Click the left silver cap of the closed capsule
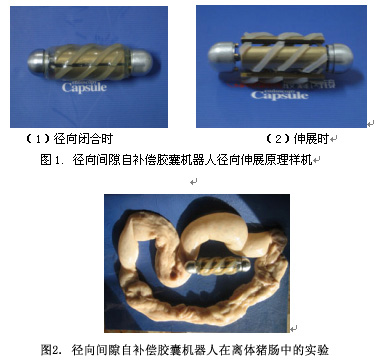click(x=37, y=62)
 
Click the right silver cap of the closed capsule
click(x=142, y=62)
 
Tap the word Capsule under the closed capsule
click(x=84, y=88)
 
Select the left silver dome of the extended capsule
click(x=222, y=57)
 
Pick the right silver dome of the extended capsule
click(x=340, y=59)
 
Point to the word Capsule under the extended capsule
click(x=279, y=95)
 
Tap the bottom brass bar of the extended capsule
click(x=282, y=76)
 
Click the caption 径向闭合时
click(x=83, y=138)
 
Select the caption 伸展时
click(x=311, y=139)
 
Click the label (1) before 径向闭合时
click(x=39, y=139)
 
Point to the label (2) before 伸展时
click(x=278, y=139)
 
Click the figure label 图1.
click(x=51, y=160)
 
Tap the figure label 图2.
click(x=51, y=350)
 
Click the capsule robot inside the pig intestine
click(x=218, y=266)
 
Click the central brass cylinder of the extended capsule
click(x=283, y=58)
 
